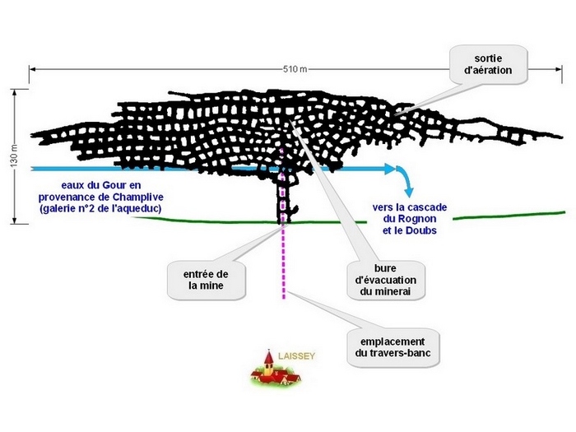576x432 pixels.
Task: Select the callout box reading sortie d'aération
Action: tap(488, 65)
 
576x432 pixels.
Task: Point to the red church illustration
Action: tap(275, 372)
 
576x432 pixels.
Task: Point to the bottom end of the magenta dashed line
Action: tap(285, 299)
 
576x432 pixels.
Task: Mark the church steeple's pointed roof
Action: tap(268, 355)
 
